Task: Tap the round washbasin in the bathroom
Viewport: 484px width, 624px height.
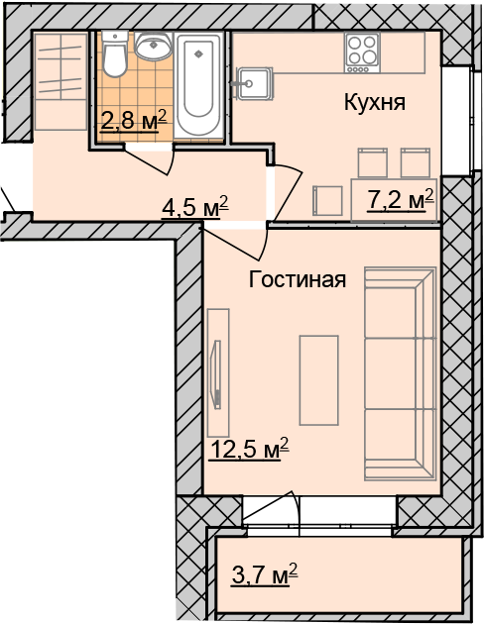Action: click(153, 46)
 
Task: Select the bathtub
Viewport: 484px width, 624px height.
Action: click(198, 85)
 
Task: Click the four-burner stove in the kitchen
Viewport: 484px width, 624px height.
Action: click(362, 53)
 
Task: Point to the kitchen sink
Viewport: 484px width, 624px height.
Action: click(253, 83)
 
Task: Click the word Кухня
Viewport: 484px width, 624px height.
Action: click(375, 103)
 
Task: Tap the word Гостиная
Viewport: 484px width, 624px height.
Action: click(298, 279)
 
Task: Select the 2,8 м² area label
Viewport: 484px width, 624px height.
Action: click(133, 121)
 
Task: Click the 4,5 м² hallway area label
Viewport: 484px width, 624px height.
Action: click(194, 207)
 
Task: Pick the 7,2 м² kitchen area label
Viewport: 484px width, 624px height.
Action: click(400, 200)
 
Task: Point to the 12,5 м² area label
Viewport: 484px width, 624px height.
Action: click(249, 449)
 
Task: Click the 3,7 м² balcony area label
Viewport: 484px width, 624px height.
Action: click(265, 574)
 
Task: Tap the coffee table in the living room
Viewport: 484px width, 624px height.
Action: click(318, 380)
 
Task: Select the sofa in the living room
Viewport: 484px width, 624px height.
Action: click(400, 374)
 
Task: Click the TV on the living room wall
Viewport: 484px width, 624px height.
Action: click(217, 374)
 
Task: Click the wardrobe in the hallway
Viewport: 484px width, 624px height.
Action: click(60, 81)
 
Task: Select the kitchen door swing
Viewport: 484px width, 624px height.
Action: click(288, 192)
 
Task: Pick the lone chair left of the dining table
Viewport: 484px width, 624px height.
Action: click(327, 201)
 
